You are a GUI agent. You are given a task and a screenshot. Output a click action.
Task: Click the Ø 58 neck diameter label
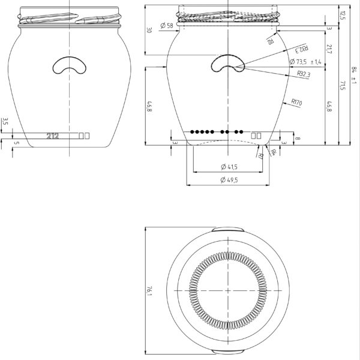coord(167,26)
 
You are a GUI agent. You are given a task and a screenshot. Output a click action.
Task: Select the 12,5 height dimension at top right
coord(343,13)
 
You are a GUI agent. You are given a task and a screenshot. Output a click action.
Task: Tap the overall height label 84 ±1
coord(353,75)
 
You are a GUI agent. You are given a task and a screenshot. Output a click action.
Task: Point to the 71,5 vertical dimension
coord(343,85)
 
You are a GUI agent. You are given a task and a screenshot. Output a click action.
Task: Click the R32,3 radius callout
coord(304,74)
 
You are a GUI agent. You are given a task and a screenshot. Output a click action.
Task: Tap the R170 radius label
coord(296,103)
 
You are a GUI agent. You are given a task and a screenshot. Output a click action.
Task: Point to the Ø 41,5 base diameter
coord(229,166)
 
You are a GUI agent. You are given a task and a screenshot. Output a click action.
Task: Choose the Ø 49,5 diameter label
coord(229,180)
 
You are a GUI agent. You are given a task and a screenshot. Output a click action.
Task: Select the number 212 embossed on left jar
coord(52,136)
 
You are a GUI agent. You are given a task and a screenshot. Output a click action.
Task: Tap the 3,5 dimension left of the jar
coord(5,121)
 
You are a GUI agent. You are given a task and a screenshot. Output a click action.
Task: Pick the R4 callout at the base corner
coord(274,152)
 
